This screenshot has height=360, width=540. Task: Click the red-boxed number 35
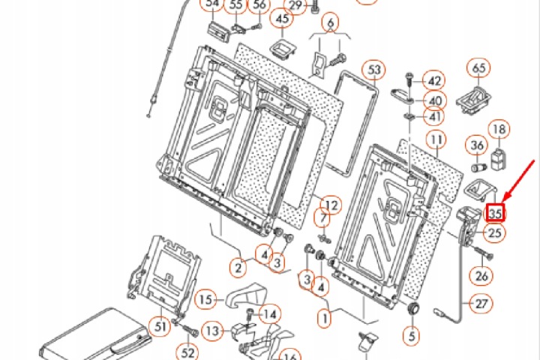coord(495,213)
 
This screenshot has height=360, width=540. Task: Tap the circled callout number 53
coord(374,70)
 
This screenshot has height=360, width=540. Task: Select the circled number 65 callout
coord(479,67)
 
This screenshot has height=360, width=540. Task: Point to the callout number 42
coord(434,81)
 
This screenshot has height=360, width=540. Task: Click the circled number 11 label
coord(436,139)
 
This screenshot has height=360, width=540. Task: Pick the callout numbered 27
coord(481,304)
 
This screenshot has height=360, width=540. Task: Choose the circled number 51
coord(160,326)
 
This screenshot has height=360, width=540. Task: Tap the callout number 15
coord(205,299)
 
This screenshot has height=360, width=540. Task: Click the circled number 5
coord(412,335)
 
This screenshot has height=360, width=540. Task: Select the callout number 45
coord(282,18)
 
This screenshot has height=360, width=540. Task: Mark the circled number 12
coord(331,205)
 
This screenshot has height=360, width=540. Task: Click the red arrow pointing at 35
coord(518,181)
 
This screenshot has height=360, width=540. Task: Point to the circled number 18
coord(499,129)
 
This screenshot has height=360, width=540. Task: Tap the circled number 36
coord(477,145)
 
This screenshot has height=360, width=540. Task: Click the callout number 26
coord(481,275)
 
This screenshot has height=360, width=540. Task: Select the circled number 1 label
coord(324,318)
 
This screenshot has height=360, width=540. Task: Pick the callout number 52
coord(187,352)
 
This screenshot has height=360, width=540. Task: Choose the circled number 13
coord(212,331)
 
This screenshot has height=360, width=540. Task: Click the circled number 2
coord(238,267)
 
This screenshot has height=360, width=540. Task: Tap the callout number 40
coord(435,100)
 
